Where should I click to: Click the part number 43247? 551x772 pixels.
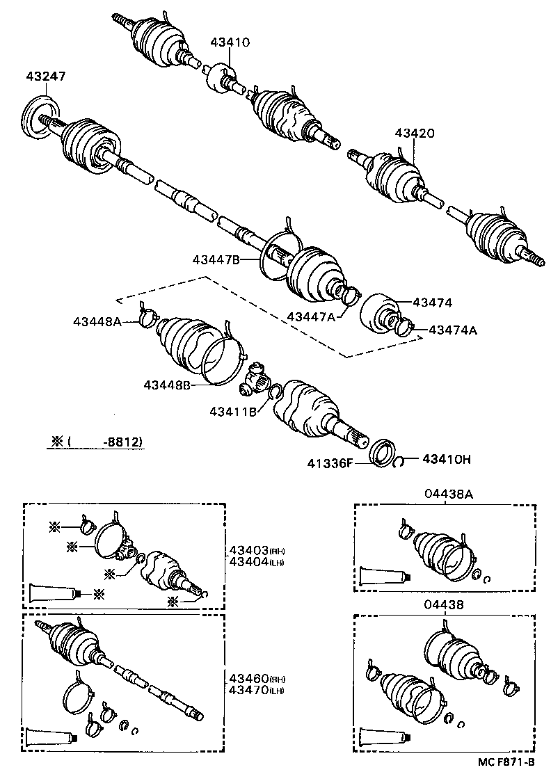click(45, 77)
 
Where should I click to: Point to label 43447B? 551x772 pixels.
click(216, 259)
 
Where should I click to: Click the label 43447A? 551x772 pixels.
click(310, 316)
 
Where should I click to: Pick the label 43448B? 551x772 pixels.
click(168, 385)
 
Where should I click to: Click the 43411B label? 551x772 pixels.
click(232, 412)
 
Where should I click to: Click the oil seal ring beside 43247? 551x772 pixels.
click(40, 117)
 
